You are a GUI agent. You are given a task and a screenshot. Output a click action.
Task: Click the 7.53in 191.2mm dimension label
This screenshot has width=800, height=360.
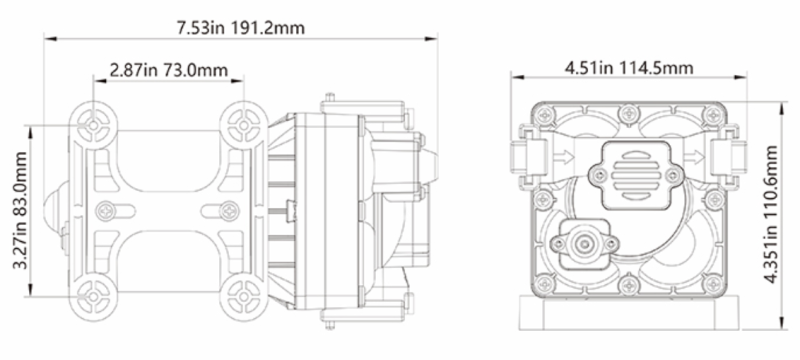coord(240,27)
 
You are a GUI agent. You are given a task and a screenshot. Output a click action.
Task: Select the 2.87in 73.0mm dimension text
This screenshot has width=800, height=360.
coord(169,70)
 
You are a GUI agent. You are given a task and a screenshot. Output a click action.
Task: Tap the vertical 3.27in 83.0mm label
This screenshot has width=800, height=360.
coord(20,211)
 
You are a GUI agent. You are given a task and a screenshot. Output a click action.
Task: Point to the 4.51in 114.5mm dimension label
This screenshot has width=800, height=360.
coord(629,67)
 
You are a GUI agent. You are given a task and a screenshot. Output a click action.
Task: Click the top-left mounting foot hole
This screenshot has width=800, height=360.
coord(93,125)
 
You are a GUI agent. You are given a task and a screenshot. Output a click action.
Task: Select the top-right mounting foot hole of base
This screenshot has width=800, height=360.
coord(244,125)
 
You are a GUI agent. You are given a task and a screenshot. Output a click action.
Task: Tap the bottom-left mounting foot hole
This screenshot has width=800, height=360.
coord(93,296)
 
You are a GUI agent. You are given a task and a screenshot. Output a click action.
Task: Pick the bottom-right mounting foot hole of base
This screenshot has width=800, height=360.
coord(244,296)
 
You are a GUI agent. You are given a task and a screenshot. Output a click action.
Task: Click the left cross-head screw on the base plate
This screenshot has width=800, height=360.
coord(106,211)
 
